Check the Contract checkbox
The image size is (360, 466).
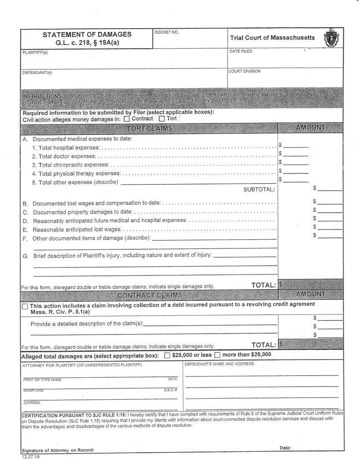click(x=127, y=119)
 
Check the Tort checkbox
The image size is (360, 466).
click(x=162, y=119)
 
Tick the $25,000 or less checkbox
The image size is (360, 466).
click(x=167, y=355)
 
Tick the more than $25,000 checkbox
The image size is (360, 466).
click(x=217, y=355)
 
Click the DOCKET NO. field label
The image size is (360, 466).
click(x=167, y=32)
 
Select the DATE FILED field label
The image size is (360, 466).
click(x=241, y=52)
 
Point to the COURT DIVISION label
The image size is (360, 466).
click(x=244, y=71)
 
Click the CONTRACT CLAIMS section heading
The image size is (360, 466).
click(x=150, y=295)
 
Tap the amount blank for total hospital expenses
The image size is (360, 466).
click(x=298, y=145)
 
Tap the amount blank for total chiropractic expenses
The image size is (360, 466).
click(x=298, y=163)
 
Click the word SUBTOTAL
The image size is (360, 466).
click(x=259, y=189)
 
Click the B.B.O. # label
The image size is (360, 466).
click(x=170, y=390)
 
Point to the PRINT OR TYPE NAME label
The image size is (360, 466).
click(x=42, y=380)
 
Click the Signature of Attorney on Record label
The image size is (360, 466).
click(x=58, y=450)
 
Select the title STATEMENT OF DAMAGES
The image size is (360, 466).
click(x=87, y=34)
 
